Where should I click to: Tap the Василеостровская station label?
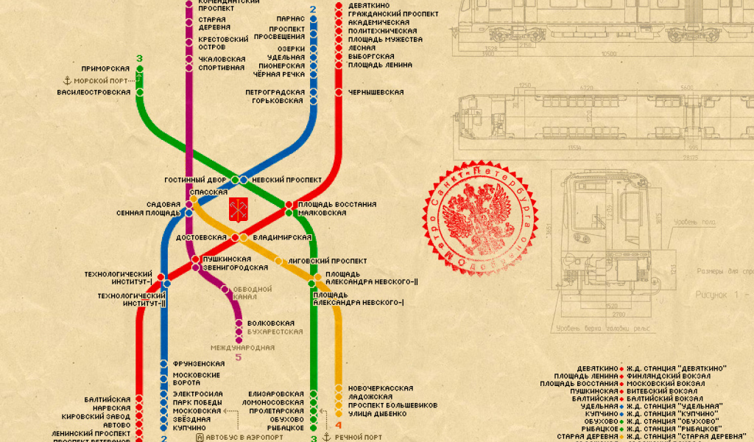(x=94, y=92)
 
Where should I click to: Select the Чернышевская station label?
(x=376, y=92)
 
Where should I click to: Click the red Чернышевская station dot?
(x=339, y=92)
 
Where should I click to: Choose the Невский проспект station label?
(x=286, y=180)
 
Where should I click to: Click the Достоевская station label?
(x=200, y=237)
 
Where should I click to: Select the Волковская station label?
(x=271, y=323)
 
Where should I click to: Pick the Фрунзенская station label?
(x=199, y=364)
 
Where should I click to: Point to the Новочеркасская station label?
(x=381, y=388)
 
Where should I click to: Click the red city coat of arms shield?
(x=237, y=208)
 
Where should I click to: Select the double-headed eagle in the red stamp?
(x=479, y=220)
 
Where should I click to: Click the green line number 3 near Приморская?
(x=140, y=59)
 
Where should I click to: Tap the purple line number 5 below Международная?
(x=238, y=358)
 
